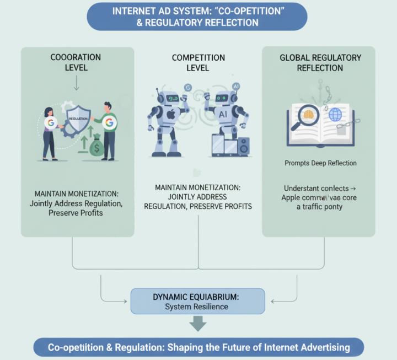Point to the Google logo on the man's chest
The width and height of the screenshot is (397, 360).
coord(109,122)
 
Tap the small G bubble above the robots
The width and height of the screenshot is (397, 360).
coord(187,87)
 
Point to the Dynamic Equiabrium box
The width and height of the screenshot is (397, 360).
coord(197,301)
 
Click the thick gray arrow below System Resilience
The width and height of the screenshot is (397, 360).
coord(197,324)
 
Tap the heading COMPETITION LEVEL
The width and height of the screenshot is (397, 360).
coord(198,62)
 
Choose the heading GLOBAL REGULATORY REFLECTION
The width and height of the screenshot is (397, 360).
coord(320,62)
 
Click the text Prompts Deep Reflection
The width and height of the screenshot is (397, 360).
coord(320,163)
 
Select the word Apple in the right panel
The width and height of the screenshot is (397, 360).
coord(294,197)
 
